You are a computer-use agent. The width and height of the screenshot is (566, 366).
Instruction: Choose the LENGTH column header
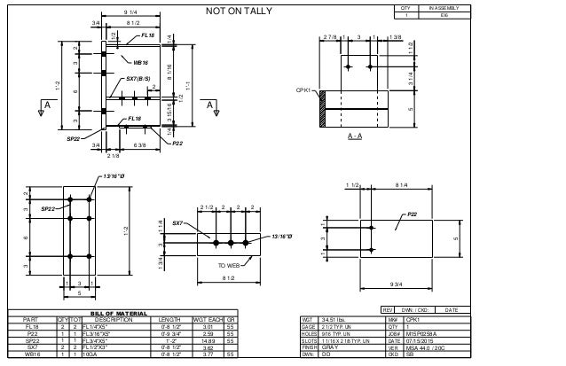point(171,319)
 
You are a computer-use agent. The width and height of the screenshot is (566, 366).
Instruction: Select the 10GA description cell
point(90,353)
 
